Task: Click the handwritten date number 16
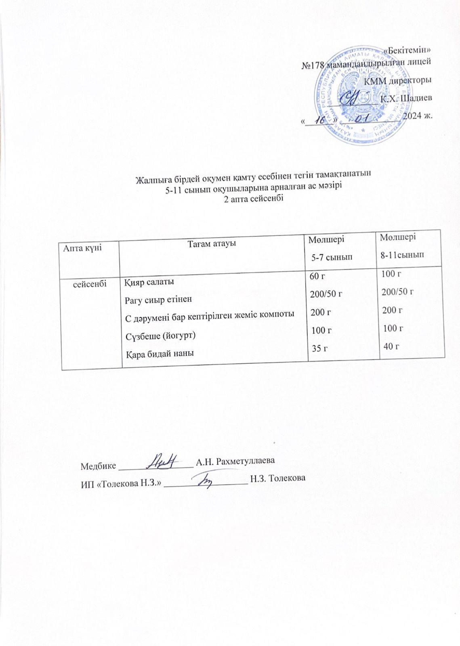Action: (x=321, y=120)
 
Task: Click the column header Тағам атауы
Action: (x=212, y=243)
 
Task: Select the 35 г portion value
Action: (x=317, y=348)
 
